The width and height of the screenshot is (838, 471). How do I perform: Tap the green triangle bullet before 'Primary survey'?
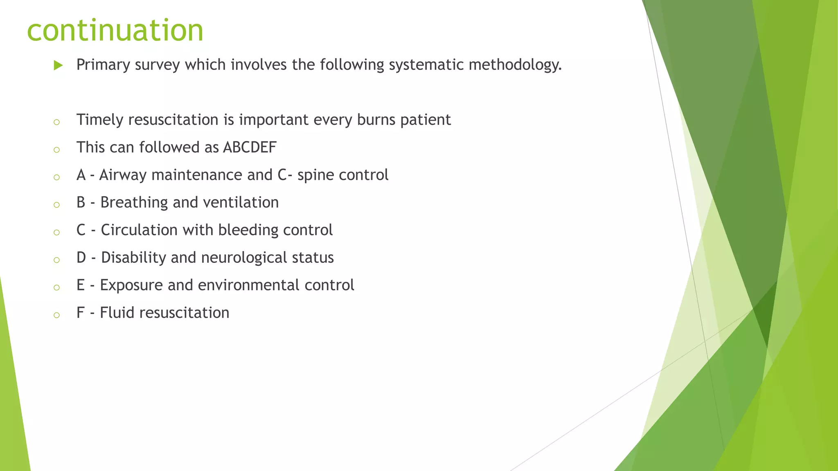pos(58,65)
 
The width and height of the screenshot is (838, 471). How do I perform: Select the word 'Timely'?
pos(99,120)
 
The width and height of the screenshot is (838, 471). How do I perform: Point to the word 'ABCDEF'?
pos(250,148)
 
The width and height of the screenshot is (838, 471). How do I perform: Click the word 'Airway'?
pos(123,175)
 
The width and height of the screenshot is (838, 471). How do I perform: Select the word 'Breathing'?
pos(134,203)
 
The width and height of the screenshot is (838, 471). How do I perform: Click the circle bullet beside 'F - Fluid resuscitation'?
pos(57,315)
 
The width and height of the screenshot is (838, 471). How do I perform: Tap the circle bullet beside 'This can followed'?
pos(57,150)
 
